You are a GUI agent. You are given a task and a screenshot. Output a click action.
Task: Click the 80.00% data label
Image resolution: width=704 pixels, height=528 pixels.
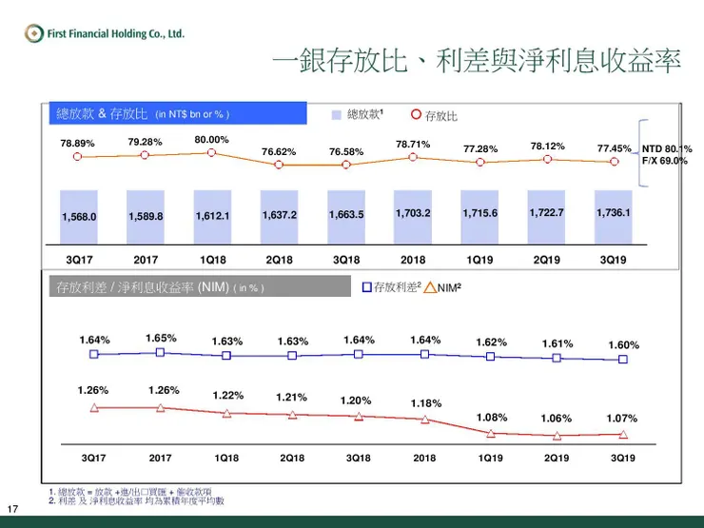pyautogui.click(x=211, y=140)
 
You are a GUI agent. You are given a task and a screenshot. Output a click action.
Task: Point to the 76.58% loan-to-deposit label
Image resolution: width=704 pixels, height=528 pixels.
pyautogui.click(x=346, y=151)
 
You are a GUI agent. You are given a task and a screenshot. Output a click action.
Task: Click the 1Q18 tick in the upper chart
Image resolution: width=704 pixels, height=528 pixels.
pyautogui.click(x=212, y=258)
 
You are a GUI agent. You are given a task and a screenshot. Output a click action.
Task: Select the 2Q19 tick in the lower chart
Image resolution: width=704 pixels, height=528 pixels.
pyautogui.click(x=557, y=458)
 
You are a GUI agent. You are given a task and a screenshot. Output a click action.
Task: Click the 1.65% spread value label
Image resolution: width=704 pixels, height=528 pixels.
pyautogui.click(x=161, y=338)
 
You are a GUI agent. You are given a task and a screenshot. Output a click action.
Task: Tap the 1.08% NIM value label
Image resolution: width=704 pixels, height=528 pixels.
pyautogui.click(x=492, y=418)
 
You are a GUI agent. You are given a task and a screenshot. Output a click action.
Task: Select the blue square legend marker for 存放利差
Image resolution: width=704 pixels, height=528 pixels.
pyautogui.click(x=367, y=285)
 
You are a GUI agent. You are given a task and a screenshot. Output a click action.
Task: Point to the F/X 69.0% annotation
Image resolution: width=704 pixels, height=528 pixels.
pyautogui.click(x=665, y=161)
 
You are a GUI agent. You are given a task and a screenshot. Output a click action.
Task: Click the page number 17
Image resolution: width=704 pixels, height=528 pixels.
pyautogui.click(x=12, y=506)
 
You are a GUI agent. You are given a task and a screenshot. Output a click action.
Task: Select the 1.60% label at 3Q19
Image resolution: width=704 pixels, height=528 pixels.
pyautogui.click(x=623, y=345)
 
